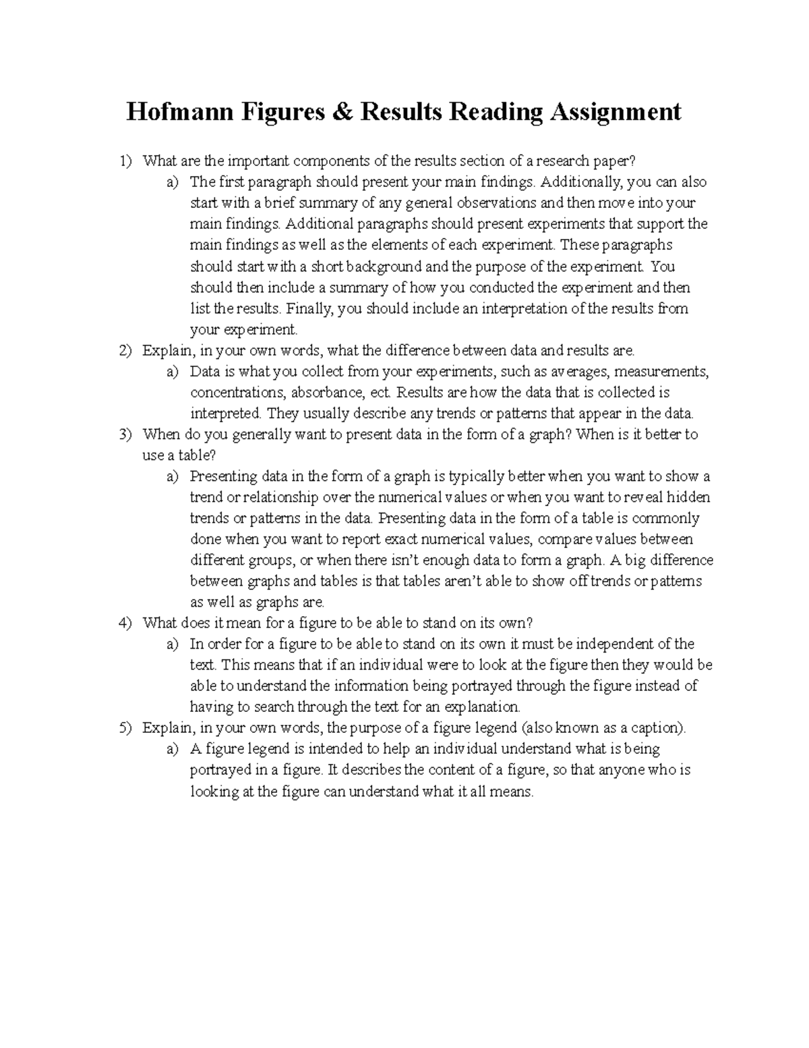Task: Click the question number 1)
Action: point(125,161)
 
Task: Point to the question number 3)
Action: point(125,435)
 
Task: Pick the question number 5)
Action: point(125,728)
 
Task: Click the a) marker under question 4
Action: point(173,644)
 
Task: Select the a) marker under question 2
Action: point(173,372)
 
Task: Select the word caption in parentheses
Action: point(661,728)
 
